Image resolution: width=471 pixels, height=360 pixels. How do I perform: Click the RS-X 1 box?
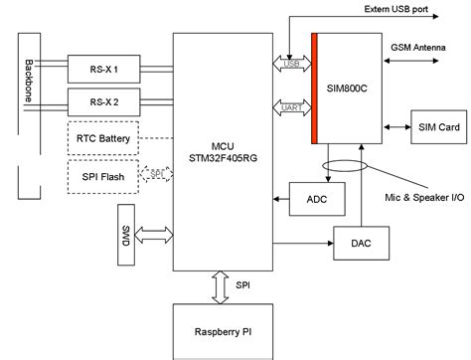pos(103,70)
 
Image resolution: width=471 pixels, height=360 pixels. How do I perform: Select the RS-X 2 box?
pos(103,101)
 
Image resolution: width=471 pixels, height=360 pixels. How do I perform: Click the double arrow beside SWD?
pos(152,236)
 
